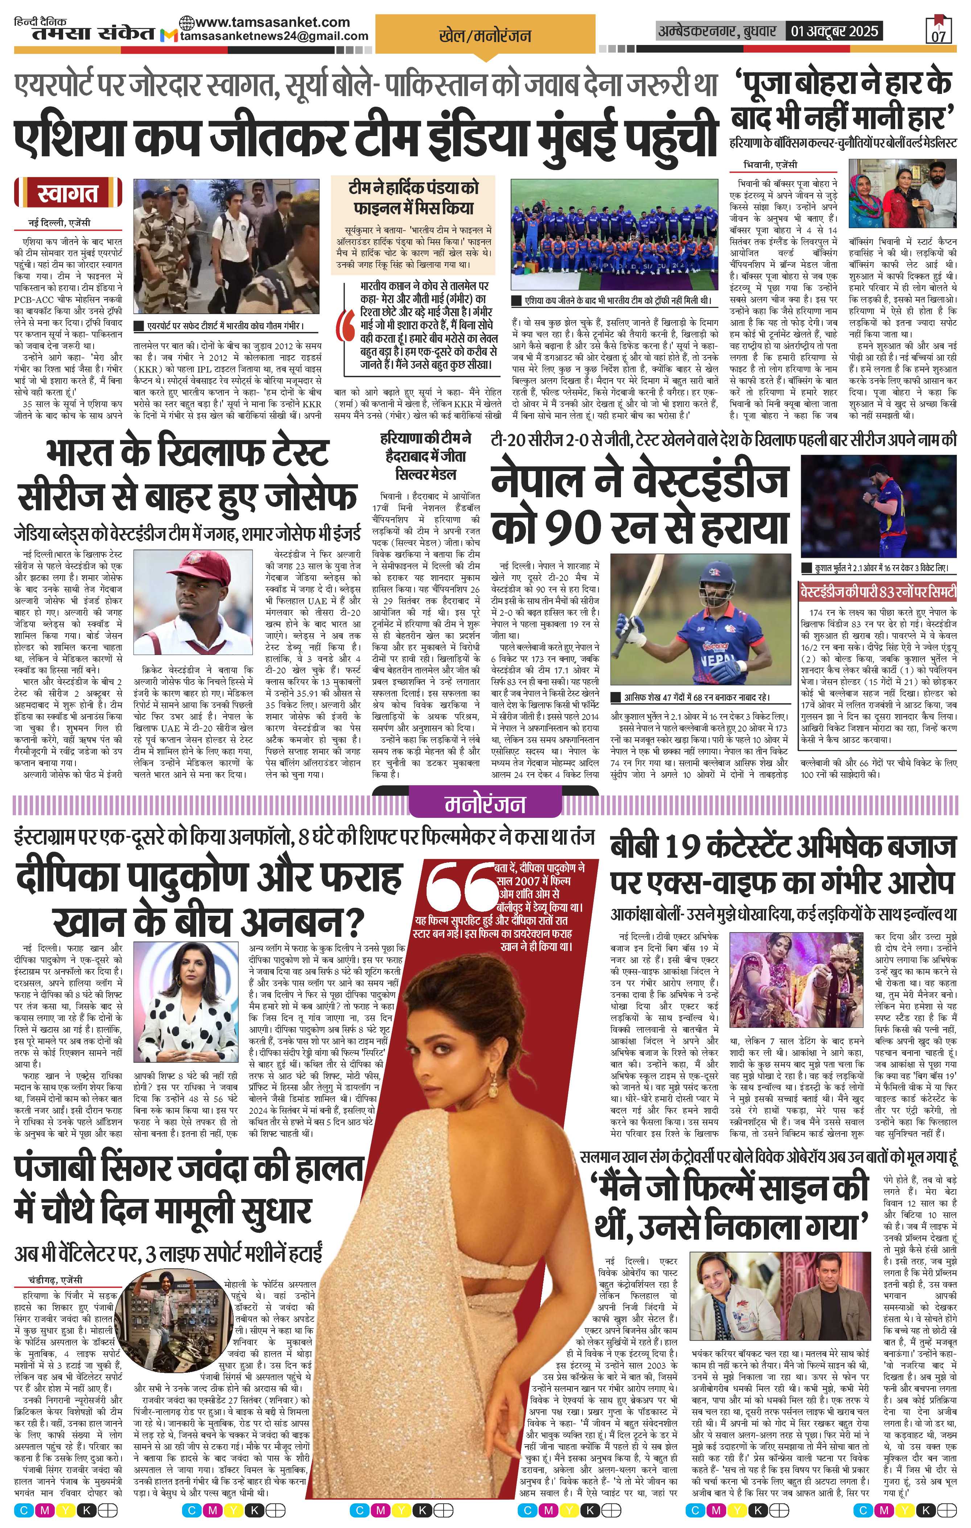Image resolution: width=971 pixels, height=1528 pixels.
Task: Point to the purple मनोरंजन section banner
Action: pyautogui.click(x=485, y=804)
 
